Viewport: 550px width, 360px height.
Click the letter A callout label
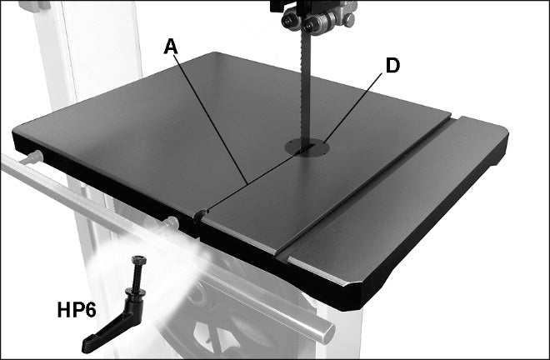click(x=171, y=47)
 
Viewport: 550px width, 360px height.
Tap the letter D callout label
click(x=392, y=66)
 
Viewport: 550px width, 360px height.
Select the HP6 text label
click(x=77, y=310)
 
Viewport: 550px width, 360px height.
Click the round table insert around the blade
click(x=307, y=147)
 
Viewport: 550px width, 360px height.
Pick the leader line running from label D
click(x=352, y=107)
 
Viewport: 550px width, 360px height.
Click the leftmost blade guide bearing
click(x=289, y=20)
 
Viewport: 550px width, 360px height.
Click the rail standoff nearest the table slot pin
click(x=170, y=223)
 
